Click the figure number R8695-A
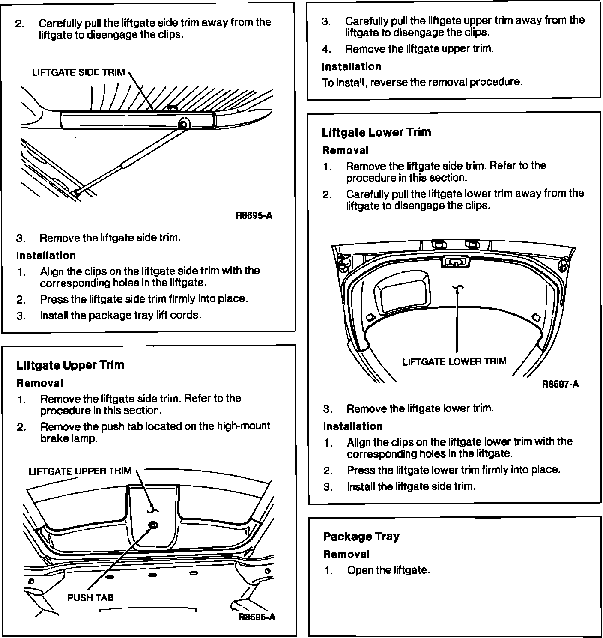254,215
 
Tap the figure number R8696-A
257,617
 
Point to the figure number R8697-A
560,384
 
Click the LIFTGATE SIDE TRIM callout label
78,72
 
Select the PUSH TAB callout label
90,598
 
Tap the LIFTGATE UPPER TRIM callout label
80,471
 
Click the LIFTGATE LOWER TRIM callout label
454,362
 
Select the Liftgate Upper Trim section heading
70,365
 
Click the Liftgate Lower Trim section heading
376,132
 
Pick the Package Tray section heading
361,537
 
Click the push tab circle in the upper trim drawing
153,525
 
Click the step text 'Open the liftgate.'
388,570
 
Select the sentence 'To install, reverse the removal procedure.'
422,82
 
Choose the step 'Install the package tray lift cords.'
120,316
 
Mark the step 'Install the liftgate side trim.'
411,486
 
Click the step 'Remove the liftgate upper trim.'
419,49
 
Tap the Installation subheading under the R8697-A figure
352,426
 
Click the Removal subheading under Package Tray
346,555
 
